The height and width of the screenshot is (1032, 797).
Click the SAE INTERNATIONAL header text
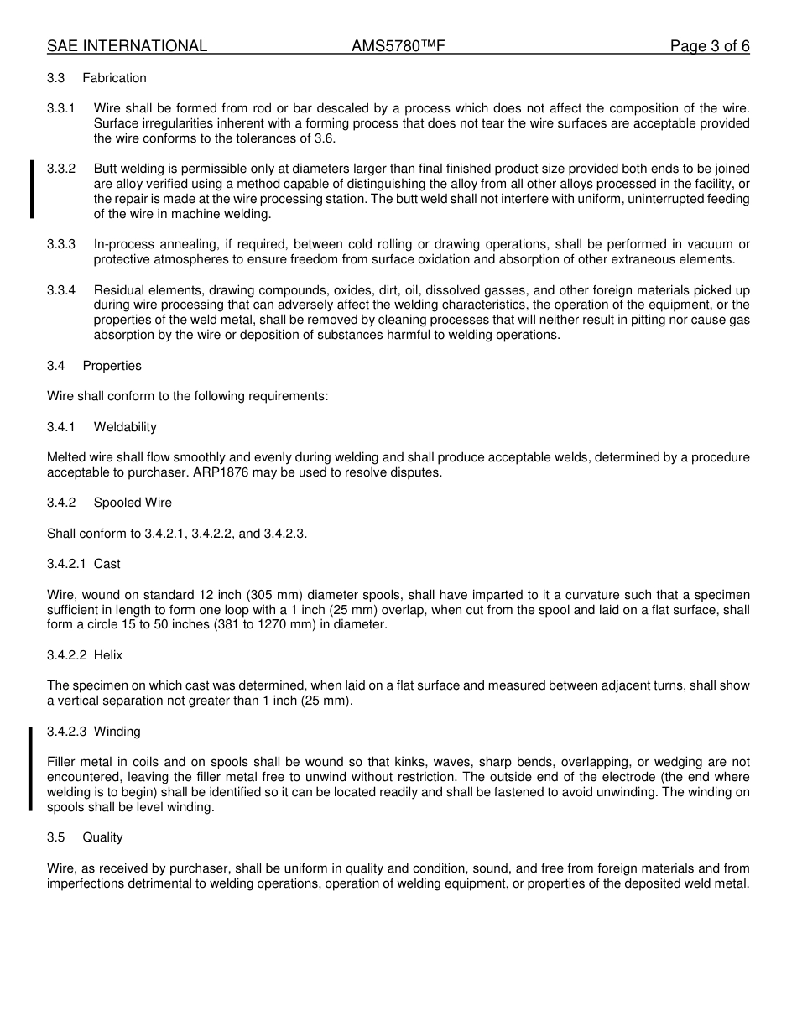point(127,46)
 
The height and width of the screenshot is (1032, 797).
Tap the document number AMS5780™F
point(398,46)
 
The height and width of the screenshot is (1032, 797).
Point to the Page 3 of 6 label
point(709,46)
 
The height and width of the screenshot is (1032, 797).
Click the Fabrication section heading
point(114,78)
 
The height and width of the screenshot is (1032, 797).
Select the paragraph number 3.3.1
point(61,108)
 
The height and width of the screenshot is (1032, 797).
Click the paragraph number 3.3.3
point(61,244)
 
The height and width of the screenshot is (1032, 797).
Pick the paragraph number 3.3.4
point(61,289)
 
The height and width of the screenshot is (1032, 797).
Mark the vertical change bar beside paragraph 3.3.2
point(32,190)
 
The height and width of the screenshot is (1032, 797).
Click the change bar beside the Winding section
point(31,769)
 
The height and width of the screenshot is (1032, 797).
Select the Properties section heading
point(112,366)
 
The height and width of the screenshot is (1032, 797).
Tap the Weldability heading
point(125,427)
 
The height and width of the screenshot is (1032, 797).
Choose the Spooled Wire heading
point(133,503)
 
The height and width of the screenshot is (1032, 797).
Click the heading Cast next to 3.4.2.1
point(107,564)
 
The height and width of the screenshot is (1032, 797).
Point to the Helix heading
point(108,655)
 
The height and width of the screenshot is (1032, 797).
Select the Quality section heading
point(102,837)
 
